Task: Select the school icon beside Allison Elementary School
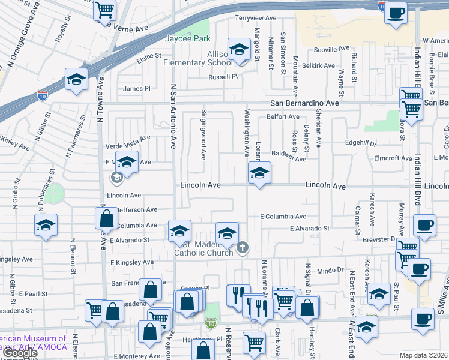[239, 50]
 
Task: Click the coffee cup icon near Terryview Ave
[395, 13]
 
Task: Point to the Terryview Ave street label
[259, 18]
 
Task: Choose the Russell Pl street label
[223, 77]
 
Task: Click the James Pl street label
[136, 89]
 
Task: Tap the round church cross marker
[243, 247]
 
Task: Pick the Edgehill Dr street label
[360, 144]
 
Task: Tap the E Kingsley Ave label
[131, 263]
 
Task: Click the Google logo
[19, 353]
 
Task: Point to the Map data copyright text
[424, 355]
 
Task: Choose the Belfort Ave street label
[283, 117]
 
